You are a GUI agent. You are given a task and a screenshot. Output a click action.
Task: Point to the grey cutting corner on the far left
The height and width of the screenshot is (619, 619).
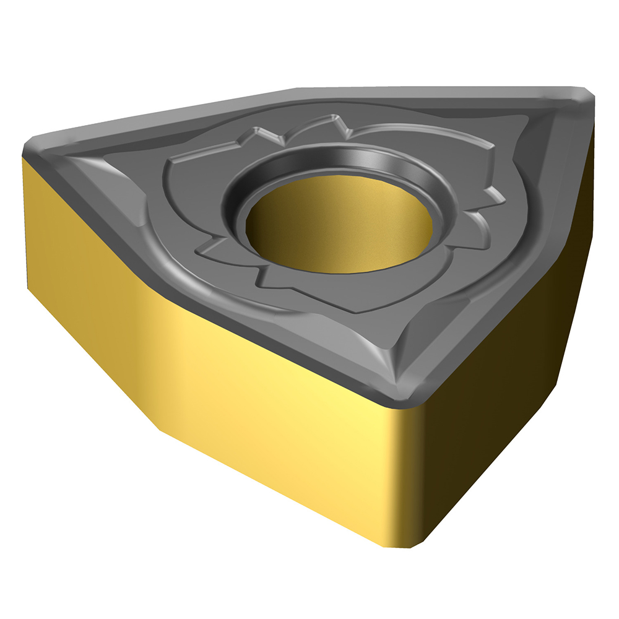click(x=37, y=149)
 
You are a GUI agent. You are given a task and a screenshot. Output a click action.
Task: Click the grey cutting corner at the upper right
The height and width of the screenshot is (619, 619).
click(x=579, y=102)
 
